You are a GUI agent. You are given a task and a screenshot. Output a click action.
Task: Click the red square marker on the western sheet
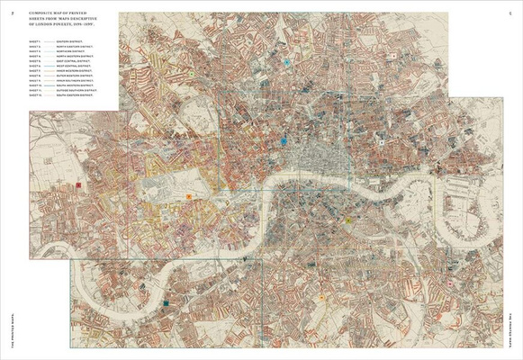coord(78,184)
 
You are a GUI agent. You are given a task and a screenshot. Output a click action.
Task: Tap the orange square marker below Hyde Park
coord(188,196)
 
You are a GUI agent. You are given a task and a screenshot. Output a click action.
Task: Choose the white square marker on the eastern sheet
coord(382,142)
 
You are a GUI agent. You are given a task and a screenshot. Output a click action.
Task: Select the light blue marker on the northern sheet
coord(286,62)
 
